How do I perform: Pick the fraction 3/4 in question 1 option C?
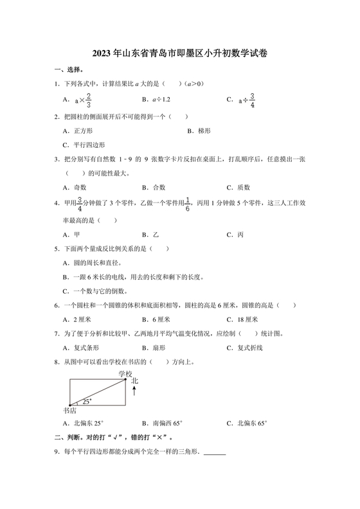click(253, 100)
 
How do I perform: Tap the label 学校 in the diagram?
click(125, 374)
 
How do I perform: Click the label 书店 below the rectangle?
click(69, 410)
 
